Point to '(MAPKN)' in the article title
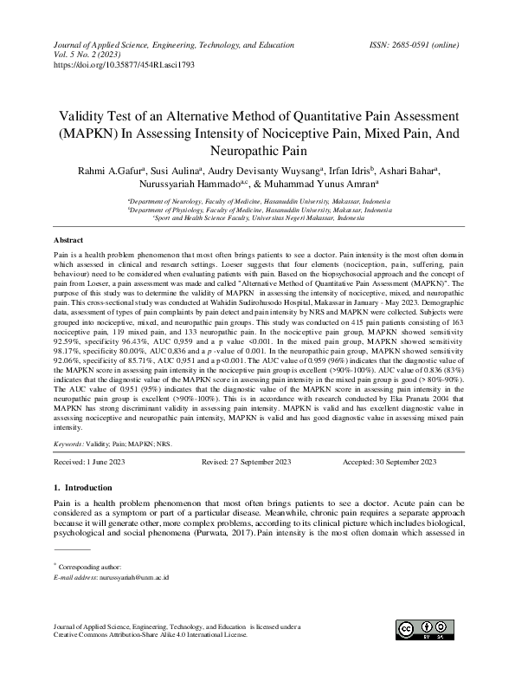click(x=88, y=133)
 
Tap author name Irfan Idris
click(x=351, y=172)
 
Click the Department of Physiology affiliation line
click(x=259, y=210)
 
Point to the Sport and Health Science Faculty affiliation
click(x=259, y=218)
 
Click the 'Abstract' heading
click(x=68, y=238)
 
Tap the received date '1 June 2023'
click(x=106, y=463)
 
